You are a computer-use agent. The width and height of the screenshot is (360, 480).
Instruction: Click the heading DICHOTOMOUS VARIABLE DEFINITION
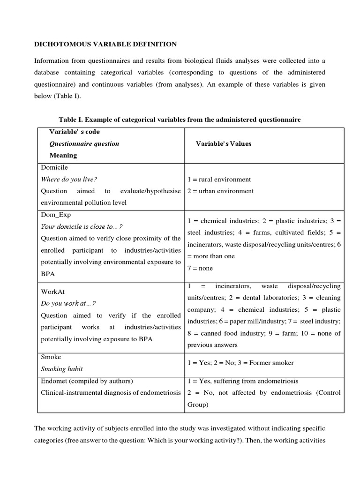tap(106, 44)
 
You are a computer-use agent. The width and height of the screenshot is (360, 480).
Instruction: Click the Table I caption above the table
tap(180, 120)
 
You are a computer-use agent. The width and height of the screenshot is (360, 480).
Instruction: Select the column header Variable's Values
tap(224, 144)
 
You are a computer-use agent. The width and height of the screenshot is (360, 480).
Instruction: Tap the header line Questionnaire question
tap(84, 144)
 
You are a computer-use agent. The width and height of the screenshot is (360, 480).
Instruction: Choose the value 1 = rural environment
tap(219, 179)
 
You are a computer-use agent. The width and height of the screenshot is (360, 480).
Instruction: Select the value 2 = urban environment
tap(220, 191)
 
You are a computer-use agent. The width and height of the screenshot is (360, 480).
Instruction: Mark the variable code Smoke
tap(51, 357)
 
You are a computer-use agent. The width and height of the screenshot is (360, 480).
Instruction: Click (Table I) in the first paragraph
tap(71, 96)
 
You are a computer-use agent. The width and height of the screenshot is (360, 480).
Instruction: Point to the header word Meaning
tap(63, 155)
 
